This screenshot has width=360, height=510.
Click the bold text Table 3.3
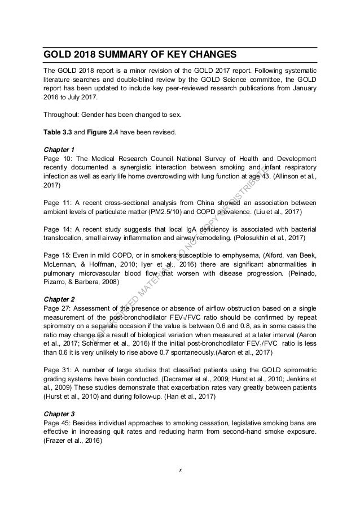[x=59, y=133]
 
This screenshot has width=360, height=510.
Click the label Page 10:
[x=57, y=159]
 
